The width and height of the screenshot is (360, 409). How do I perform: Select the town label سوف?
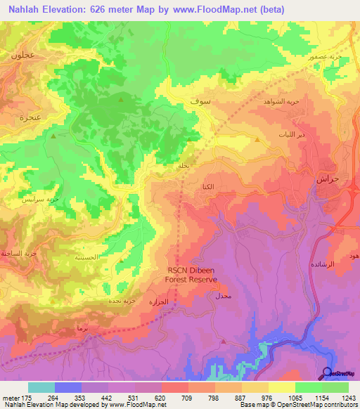199,102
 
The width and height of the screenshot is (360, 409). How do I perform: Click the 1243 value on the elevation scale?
347,396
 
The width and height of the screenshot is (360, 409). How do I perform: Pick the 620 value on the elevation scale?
160,396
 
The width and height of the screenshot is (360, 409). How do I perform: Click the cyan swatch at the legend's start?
41,387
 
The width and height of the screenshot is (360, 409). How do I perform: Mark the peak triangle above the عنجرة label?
53,136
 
